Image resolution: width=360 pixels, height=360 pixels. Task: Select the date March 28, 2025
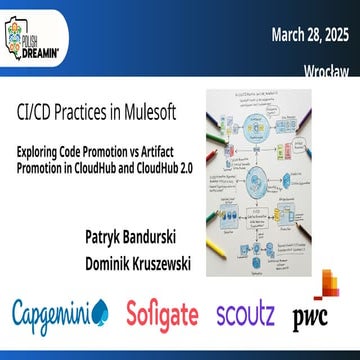[x=310, y=37]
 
